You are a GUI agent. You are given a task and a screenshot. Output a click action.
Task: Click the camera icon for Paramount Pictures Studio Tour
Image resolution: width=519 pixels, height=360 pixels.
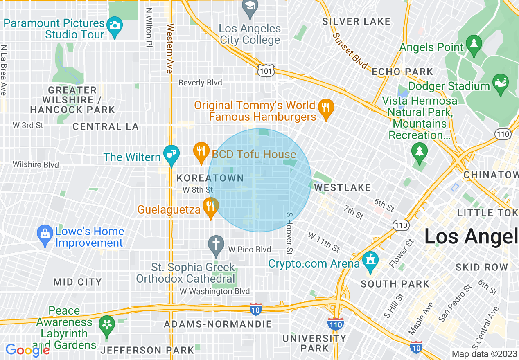pos(114,25)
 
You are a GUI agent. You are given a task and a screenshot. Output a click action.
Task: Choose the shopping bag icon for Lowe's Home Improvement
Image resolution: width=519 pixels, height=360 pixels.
pos(45,234)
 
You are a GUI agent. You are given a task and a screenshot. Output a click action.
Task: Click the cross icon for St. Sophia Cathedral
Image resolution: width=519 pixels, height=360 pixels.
pos(216,244)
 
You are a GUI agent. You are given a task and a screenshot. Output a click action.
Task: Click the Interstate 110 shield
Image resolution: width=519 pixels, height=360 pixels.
pos(335,324)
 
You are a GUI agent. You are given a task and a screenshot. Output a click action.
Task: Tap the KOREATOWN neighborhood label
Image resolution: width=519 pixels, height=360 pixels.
pos(210,178)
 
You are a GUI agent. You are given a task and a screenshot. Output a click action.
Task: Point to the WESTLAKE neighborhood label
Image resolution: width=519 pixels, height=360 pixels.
pos(343,187)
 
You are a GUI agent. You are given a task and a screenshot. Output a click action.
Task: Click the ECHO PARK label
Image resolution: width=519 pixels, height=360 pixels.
pos(402,72)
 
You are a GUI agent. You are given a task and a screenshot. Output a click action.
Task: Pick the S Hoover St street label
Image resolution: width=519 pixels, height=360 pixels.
pos(289,232)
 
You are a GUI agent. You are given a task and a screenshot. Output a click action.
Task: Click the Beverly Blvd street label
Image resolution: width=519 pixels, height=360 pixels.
pos(200,83)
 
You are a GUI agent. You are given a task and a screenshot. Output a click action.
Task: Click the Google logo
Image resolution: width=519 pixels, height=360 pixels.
pos(27,350)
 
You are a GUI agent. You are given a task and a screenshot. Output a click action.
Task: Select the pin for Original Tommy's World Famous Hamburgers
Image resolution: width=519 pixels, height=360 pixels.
pos(326,108)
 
